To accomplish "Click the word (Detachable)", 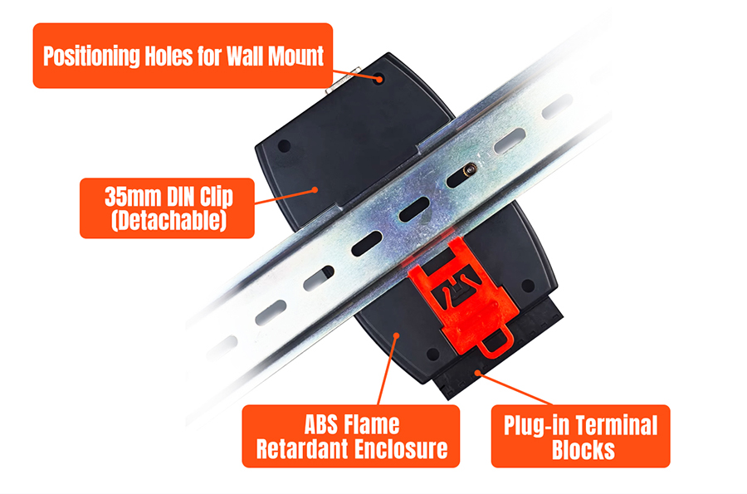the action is pos(168,220).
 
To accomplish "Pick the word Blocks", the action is pos(583,450).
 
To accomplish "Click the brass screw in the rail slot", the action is pos(471,169).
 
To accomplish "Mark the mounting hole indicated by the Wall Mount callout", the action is pos(379,79).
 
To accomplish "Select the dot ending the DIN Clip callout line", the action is pos(315,189).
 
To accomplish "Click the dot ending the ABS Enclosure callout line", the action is pos(396,336).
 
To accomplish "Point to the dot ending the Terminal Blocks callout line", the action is pos(477,372).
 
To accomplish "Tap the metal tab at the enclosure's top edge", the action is pos(342,82).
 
